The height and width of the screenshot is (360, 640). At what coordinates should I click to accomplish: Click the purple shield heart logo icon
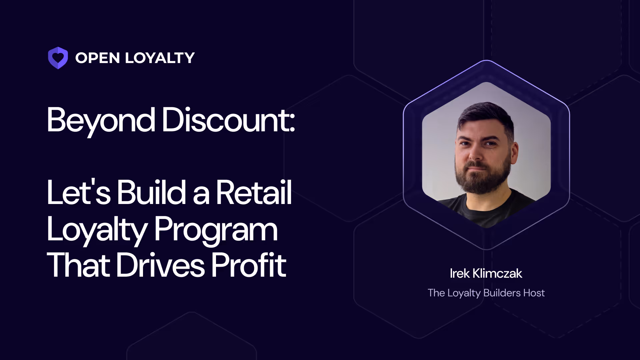(x=58, y=58)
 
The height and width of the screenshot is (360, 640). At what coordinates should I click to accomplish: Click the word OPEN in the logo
(x=97, y=58)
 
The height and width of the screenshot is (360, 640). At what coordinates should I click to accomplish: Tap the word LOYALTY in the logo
(x=160, y=58)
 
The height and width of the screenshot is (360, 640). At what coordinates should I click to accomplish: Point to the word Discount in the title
(x=228, y=120)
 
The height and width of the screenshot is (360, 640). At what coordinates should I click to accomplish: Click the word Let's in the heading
(x=78, y=192)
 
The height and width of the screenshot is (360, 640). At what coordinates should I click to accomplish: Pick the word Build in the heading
(x=151, y=192)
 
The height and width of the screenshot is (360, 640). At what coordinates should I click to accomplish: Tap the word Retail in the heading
(x=254, y=192)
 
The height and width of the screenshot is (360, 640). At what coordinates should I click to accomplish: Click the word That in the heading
(x=78, y=265)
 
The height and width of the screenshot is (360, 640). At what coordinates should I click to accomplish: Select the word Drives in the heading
(x=160, y=265)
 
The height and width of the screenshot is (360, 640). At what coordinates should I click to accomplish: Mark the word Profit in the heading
(x=249, y=265)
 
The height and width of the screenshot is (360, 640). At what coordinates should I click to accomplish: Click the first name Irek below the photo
(x=460, y=274)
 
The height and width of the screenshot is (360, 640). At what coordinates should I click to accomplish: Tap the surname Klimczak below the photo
(x=497, y=274)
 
